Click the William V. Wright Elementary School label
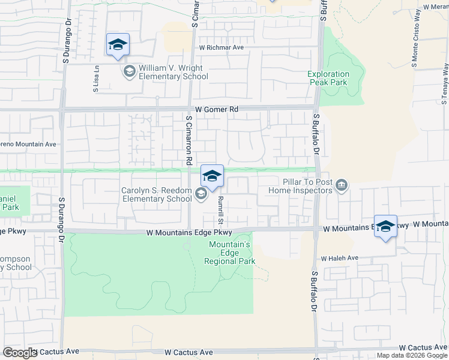click(x=173, y=73)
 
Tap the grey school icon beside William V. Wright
click(x=129, y=73)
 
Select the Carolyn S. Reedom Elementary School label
click(x=156, y=194)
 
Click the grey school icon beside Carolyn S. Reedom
click(x=201, y=193)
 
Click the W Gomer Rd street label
click(x=217, y=110)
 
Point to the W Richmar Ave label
click(x=221, y=47)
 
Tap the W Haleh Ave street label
click(x=339, y=258)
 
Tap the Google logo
click(x=20, y=353)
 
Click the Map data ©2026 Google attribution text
click(x=412, y=355)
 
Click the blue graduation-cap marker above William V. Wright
click(x=118, y=44)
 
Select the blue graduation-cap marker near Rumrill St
click(x=212, y=176)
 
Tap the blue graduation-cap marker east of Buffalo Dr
click(x=385, y=226)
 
